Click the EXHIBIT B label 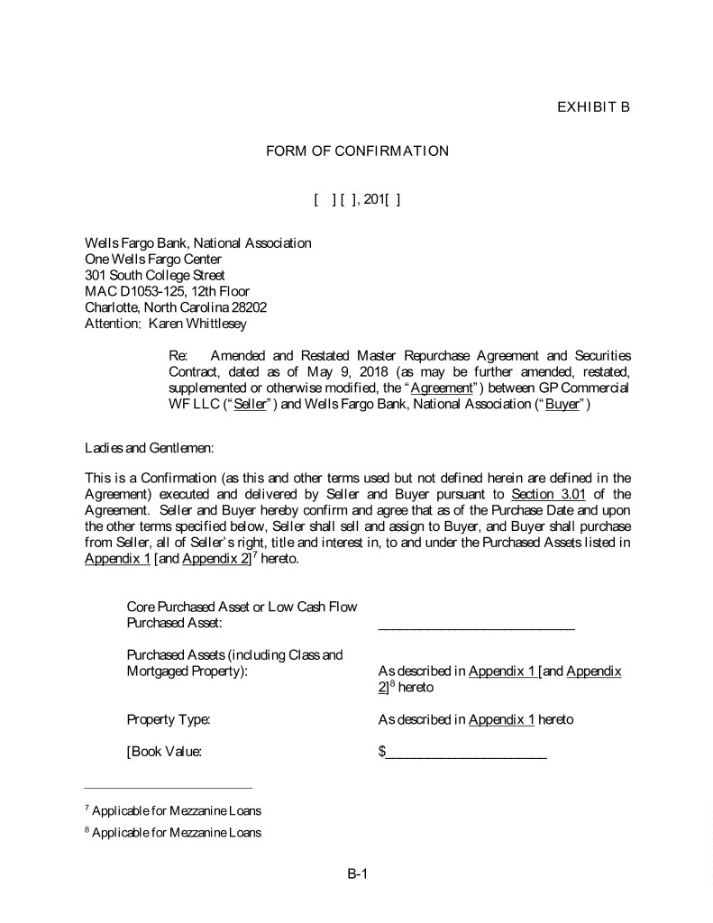pyautogui.click(x=593, y=107)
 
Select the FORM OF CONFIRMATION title pyautogui.click(x=357, y=151)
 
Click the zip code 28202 pyautogui.click(x=248, y=306)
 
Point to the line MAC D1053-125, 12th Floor pyautogui.click(x=167, y=291)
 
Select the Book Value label pyautogui.click(x=163, y=751)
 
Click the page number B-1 pyautogui.click(x=358, y=873)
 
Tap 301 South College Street pyautogui.click(x=154, y=275)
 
